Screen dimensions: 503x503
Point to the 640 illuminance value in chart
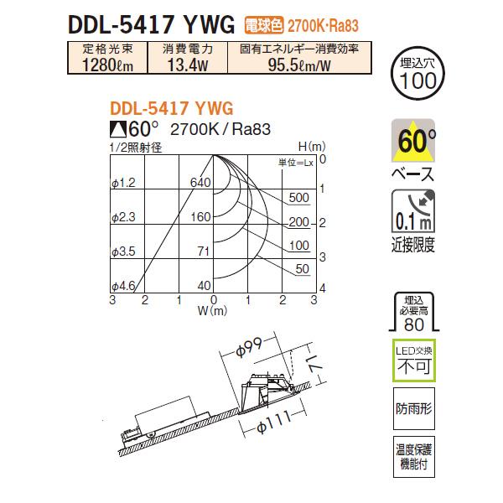[199, 182]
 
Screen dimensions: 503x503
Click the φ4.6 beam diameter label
[122, 285]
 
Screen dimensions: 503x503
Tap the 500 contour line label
[298, 198]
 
